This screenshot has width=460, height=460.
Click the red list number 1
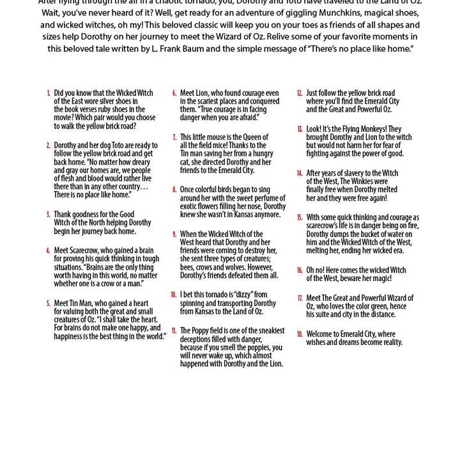coord(49,93)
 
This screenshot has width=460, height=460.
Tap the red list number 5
coord(49,303)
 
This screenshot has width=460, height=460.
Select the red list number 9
coord(174,234)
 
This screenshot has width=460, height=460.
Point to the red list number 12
coord(300,93)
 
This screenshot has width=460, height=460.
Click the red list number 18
coord(300,334)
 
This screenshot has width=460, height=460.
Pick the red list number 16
coord(300,270)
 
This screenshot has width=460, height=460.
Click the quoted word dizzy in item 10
coord(243,295)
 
